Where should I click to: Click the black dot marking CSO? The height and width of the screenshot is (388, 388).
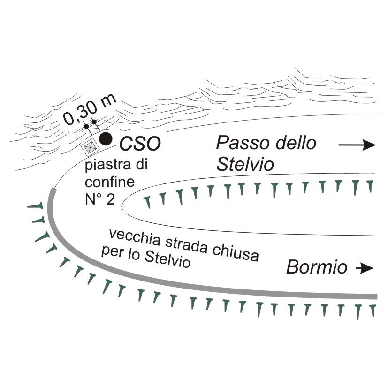[x=106, y=138]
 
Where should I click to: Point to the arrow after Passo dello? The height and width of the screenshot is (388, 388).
[x=357, y=145]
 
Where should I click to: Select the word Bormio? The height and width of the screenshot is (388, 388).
[x=317, y=267]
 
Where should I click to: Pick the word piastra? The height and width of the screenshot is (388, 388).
[x=102, y=166]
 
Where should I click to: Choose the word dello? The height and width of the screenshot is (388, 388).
[x=295, y=142]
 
